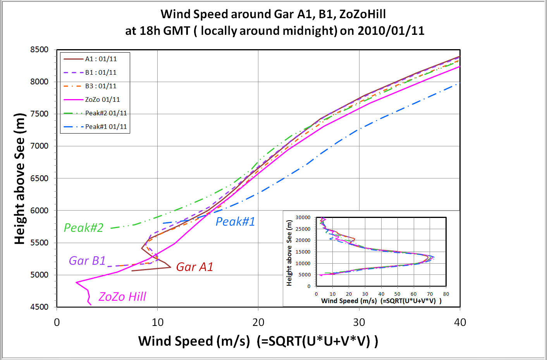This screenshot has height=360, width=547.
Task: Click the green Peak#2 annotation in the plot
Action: coord(84,228)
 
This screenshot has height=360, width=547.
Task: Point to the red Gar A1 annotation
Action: coord(194,267)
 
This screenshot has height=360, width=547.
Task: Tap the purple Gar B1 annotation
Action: coord(87,261)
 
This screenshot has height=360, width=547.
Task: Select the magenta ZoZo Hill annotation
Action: coord(122,297)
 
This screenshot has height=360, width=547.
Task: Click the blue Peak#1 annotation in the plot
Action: coord(235,221)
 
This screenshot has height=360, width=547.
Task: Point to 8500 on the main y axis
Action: coord(40,50)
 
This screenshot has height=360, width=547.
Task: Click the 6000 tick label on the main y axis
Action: coord(40,211)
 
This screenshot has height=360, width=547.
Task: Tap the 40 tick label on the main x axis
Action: coord(460,322)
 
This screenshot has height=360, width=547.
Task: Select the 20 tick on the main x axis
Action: coord(258,322)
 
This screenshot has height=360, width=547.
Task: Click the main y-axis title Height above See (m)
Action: coord(19,178)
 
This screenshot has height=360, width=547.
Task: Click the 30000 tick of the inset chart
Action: coord(303,218)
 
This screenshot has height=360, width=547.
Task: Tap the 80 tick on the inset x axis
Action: coord(446,294)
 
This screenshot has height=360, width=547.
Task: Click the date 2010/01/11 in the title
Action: coord(391,31)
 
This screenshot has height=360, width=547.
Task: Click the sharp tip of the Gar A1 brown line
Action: coord(171,267)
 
